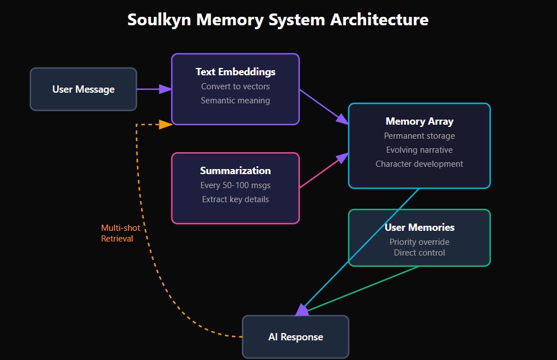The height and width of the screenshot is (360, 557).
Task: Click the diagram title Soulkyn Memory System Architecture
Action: [278, 20]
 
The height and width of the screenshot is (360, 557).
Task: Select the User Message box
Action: [83, 89]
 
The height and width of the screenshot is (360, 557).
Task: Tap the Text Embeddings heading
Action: [235, 72]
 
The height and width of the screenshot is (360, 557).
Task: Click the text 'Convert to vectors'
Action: [235, 86]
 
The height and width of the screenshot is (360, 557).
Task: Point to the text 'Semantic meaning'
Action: [235, 101]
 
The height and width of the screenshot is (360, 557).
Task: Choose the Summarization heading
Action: [235, 171]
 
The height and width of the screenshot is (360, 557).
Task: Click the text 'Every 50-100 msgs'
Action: [235, 185]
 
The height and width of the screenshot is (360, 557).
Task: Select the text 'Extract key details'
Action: [235, 199]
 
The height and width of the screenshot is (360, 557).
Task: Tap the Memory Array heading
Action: [419, 121]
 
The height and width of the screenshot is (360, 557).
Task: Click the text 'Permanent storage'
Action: [419, 136]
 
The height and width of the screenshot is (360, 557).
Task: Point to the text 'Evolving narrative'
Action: [419, 150]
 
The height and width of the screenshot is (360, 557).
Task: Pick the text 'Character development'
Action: [419, 164]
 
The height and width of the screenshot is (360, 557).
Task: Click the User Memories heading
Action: [419, 227]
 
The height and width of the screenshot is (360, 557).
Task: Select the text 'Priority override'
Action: [419, 242]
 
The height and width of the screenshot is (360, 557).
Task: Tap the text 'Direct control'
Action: [419, 253]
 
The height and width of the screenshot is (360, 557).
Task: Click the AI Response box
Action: [295, 337]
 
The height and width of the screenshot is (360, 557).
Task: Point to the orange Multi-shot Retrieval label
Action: [120, 233]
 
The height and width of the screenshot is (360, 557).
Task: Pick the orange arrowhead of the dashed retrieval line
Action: [165, 124]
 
